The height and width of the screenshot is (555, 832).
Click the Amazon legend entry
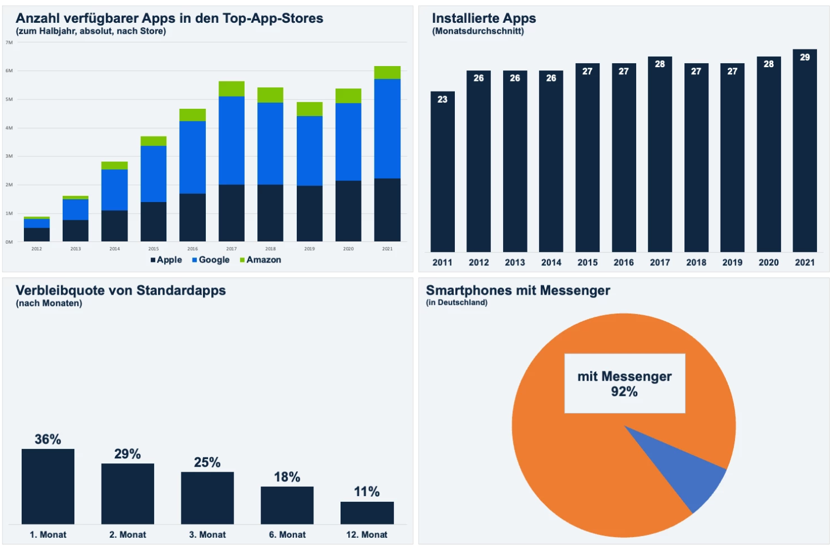(x=261, y=260)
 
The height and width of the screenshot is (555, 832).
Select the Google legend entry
(x=211, y=260)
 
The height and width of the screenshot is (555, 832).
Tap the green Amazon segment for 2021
(x=387, y=73)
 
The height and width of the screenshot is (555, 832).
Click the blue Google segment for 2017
(x=231, y=140)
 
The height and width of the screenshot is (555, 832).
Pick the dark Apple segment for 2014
(x=114, y=226)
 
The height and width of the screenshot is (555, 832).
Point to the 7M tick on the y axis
(x=9, y=43)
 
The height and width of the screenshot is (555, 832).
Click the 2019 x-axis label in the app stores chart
(x=310, y=249)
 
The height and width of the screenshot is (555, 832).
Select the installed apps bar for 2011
(x=443, y=172)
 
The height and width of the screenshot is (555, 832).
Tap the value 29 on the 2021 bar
(x=805, y=57)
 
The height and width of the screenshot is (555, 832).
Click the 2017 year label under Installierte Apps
(x=659, y=263)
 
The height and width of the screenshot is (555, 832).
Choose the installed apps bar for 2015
(x=587, y=158)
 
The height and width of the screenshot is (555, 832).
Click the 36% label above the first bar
(x=48, y=440)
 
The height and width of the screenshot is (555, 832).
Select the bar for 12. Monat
(x=367, y=513)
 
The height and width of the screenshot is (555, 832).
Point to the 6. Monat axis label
(x=287, y=534)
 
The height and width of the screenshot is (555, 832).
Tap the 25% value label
(x=207, y=462)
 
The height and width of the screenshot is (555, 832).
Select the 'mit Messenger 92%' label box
(x=625, y=384)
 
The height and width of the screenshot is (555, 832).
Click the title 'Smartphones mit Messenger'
(x=518, y=290)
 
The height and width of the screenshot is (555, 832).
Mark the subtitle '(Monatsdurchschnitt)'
(x=478, y=31)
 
